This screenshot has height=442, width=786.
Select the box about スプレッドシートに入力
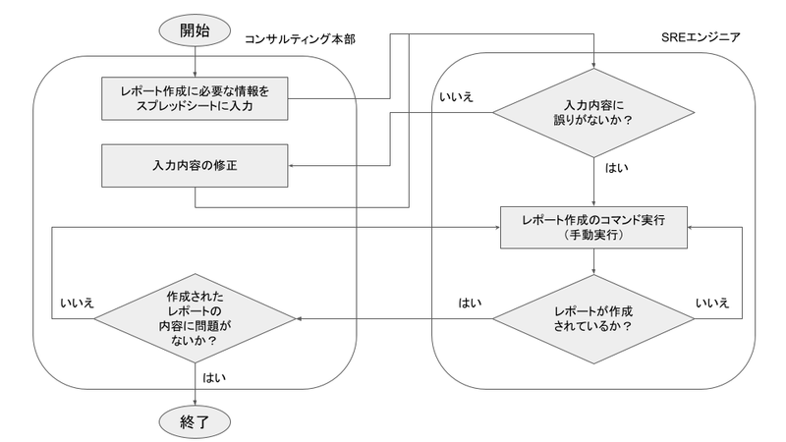point(196,97)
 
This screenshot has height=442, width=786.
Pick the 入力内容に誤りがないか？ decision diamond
point(596,114)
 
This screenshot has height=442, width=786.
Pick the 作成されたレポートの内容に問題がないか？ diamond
point(196,318)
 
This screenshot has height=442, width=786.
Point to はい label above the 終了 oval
point(212,377)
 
